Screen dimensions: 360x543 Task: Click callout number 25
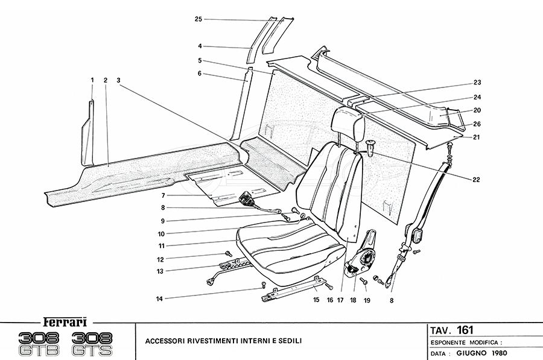click(198, 19)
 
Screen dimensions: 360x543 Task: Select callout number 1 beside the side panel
click(92, 80)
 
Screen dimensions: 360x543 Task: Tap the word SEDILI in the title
click(288, 341)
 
